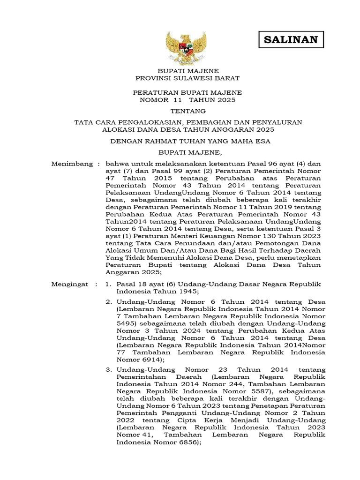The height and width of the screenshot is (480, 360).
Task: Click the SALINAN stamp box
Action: click(291, 40)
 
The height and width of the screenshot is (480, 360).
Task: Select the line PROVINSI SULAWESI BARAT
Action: click(187, 78)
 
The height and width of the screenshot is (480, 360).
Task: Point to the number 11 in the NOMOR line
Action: click(177, 100)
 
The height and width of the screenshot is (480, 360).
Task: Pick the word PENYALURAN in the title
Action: click(281, 122)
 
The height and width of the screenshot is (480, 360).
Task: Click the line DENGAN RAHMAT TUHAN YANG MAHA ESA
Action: click(187, 141)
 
